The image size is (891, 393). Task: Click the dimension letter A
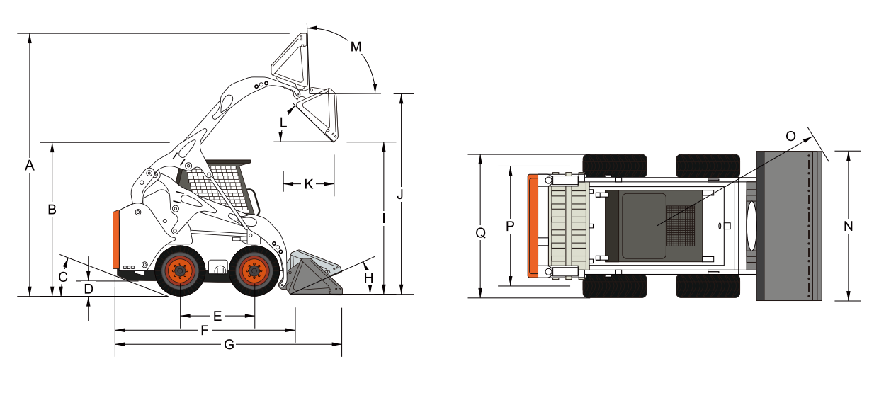pyautogui.click(x=30, y=166)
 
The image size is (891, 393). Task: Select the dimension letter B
pyautogui.click(x=52, y=210)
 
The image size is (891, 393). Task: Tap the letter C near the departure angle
pyautogui.click(x=63, y=277)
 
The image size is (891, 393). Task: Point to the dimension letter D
pyautogui.click(x=88, y=289)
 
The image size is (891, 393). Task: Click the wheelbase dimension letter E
pyautogui.click(x=217, y=316)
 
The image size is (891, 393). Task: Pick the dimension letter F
pyautogui.click(x=205, y=330)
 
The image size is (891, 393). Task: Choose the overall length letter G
pyautogui.click(x=228, y=345)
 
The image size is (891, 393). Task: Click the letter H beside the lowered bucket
pyautogui.click(x=368, y=278)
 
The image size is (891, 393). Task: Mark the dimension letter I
pyautogui.click(x=383, y=219)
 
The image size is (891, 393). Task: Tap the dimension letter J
pyautogui.click(x=401, y=193)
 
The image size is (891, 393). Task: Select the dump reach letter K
pyautogui.click(x=308, y=184)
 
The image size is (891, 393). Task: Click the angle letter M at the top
pyautogui.click(x=356, y=47)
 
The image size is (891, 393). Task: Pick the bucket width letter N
pyautogui.click(x=848, y=226)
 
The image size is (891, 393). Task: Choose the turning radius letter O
pyautogui.click(x=792, y=135)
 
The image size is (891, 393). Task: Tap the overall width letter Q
pyautogui.click(x=481, y=232)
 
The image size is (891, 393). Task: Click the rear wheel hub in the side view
pyautogui.click(x=179, y=270)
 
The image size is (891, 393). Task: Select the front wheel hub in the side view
pyautogui.click(x=254, y=270)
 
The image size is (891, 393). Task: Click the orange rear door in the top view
pyautogui.click(x=533, y=224)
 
